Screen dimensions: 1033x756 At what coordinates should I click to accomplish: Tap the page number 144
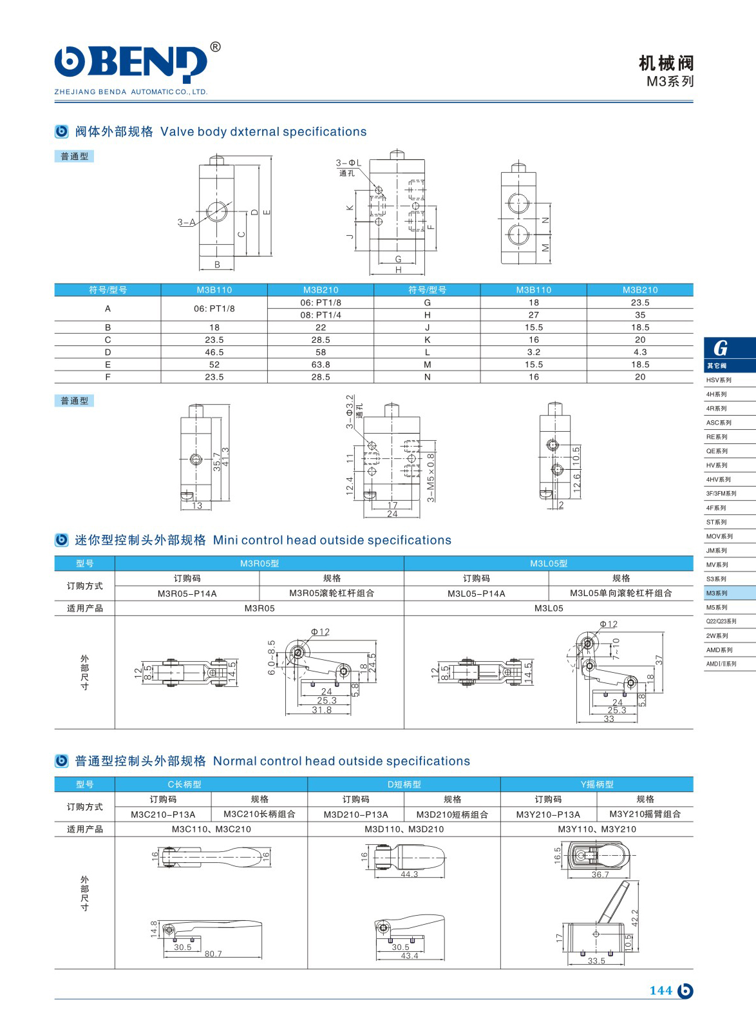tap(661, 990)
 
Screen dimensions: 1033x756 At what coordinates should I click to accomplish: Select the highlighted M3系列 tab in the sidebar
tap(717, 593)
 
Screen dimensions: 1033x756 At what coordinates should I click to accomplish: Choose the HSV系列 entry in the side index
tap(719, 380)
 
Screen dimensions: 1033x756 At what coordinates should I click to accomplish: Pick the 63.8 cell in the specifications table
tap(321, 365)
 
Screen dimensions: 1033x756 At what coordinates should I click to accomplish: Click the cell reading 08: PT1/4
tap(321, 315)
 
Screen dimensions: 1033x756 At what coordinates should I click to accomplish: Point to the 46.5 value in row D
tap(214, 352)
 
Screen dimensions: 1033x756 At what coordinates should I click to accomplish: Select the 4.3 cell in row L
tap(640, 352)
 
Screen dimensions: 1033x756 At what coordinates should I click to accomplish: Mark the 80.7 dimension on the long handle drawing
tap(213, 954)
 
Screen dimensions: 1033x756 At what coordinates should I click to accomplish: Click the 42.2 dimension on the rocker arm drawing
tap(635, 918)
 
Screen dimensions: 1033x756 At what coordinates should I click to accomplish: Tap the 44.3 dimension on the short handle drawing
tap(410, 874)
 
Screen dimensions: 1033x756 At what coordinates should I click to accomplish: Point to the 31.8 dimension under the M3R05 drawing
tap(322, 710)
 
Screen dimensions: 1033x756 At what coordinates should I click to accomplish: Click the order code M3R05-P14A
tap(187, 594)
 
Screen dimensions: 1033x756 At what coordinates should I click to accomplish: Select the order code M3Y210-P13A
tap(548, 815)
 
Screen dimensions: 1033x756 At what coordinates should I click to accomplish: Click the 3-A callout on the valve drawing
tap(186, 222)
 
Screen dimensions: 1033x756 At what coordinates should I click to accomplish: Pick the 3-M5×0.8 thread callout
tap(431, 478)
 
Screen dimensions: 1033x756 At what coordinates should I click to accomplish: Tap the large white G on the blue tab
tap(721, 349)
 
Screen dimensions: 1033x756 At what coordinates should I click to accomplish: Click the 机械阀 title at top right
tap(666, 63)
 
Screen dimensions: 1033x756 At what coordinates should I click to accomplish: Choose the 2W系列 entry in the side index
tap(717, 635)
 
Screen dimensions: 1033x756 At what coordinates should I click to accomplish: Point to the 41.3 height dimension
tap(226, 458)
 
